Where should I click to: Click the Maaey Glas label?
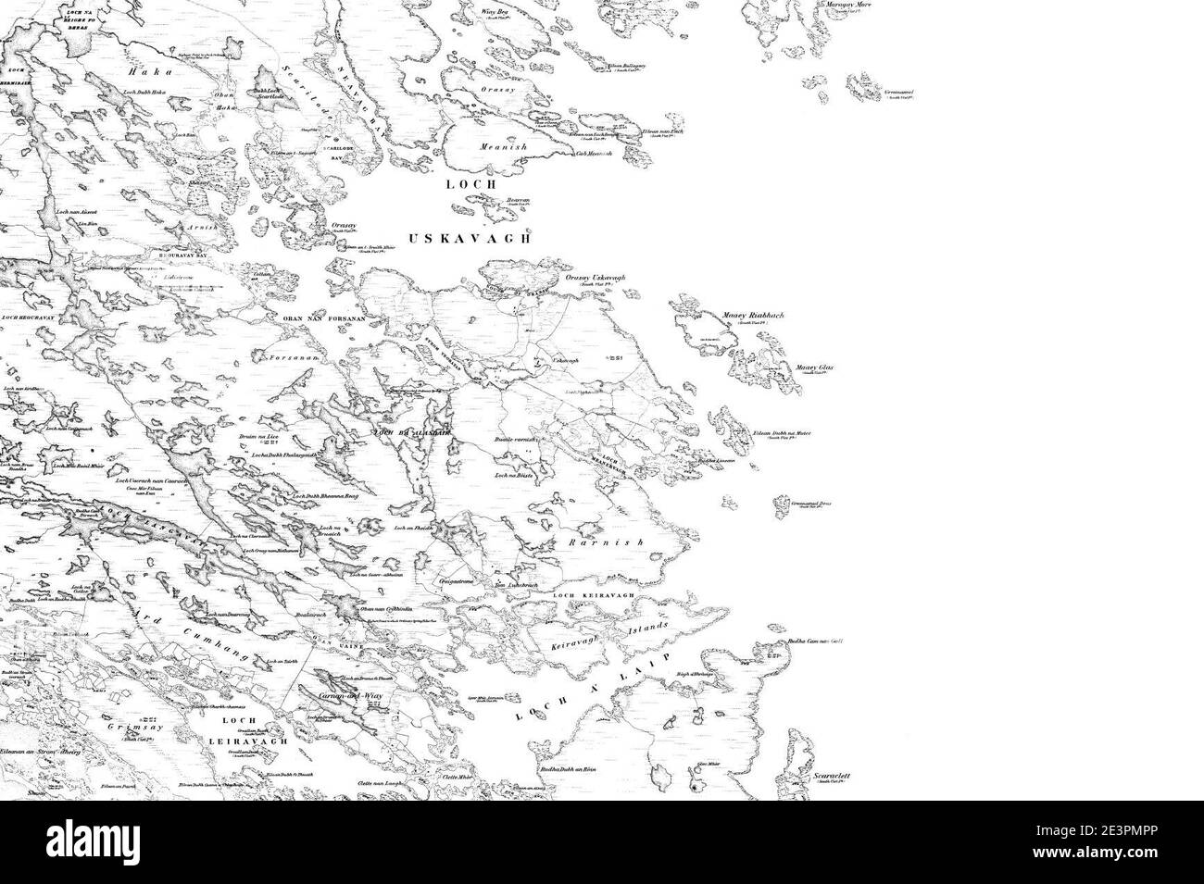[814, 368]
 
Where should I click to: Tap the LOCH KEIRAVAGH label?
[596, 595]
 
